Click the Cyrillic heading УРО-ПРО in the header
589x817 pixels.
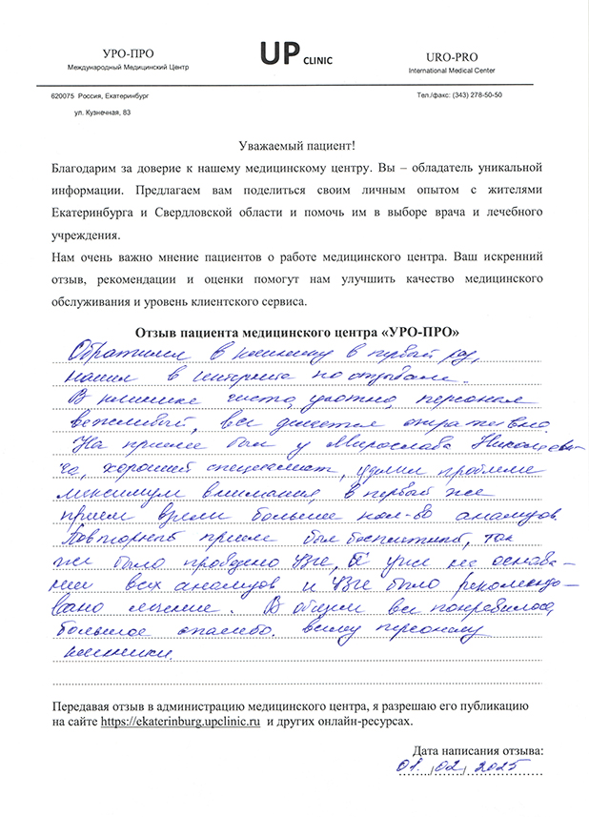click(121, 54)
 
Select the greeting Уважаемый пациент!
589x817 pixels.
click(295, 145)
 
